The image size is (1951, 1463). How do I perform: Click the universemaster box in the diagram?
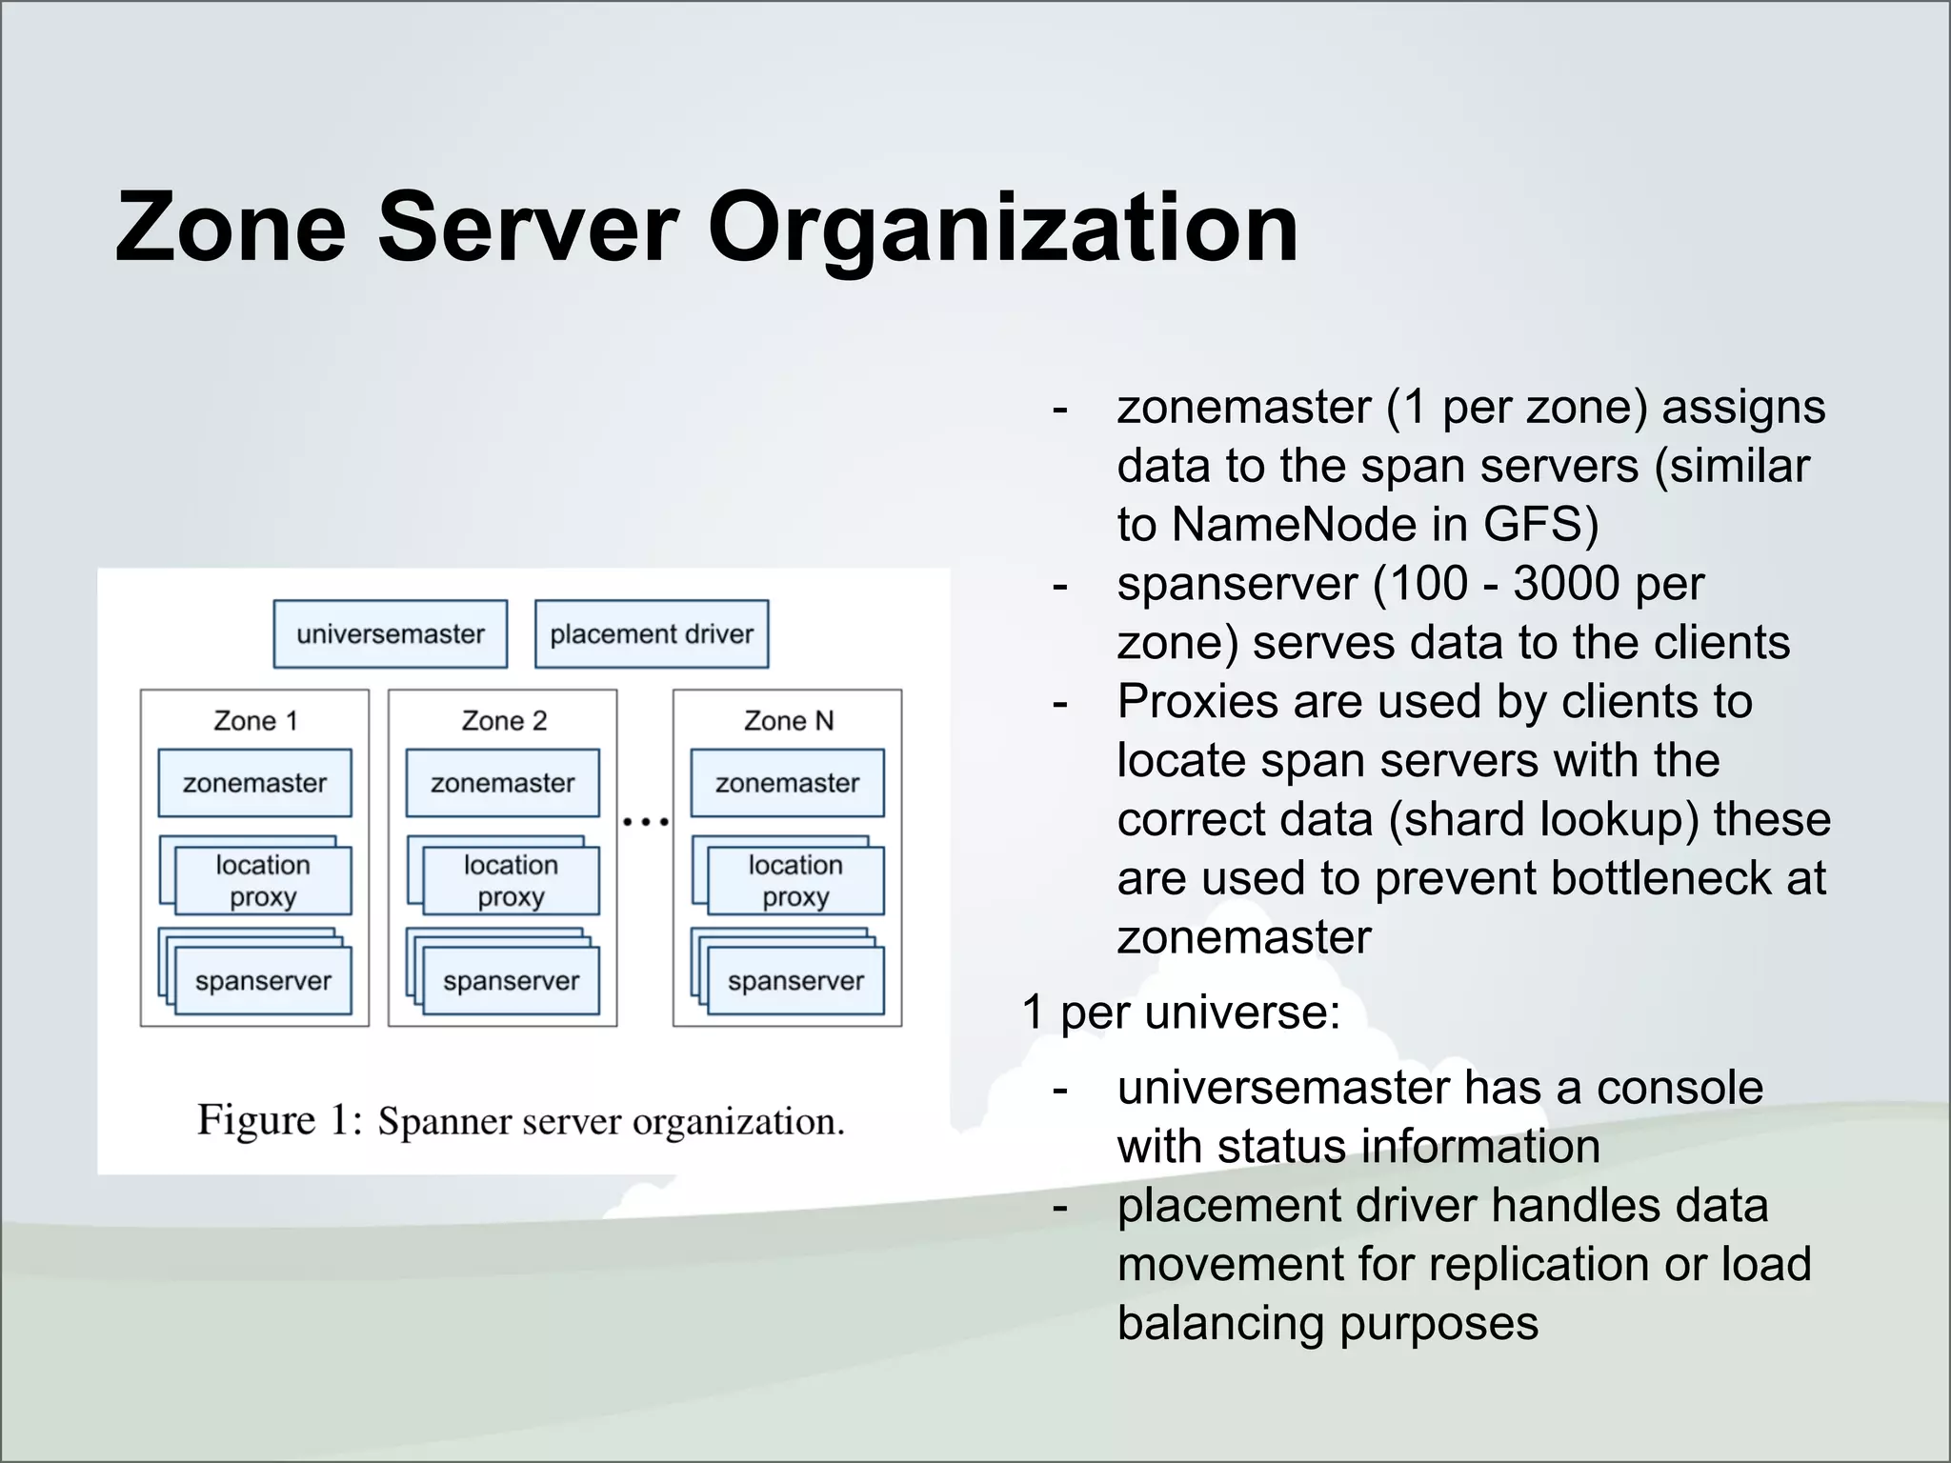click(390, 633)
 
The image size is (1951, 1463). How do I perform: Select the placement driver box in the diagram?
click(652, 633)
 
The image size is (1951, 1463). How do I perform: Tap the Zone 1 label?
click(255, 721)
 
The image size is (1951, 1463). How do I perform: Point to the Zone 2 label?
click(504, 721)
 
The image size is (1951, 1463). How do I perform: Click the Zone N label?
click(788, 721)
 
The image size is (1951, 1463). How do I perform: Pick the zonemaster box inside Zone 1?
click(254, 783)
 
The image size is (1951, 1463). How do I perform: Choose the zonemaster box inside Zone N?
click(787, 783)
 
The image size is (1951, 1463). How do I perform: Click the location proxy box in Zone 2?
click(511, 881)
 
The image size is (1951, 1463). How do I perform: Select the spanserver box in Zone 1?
click(263, 981)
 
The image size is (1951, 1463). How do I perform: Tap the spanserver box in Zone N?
click(795, 981)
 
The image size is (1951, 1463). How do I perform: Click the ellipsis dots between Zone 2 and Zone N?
click(645, 821)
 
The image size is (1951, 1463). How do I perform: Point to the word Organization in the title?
click(1002, 229)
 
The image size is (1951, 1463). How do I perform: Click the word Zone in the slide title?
click(230, 229)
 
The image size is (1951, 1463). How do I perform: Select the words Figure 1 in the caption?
click(278, 1120)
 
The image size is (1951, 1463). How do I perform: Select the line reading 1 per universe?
click(1180, 1012)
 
